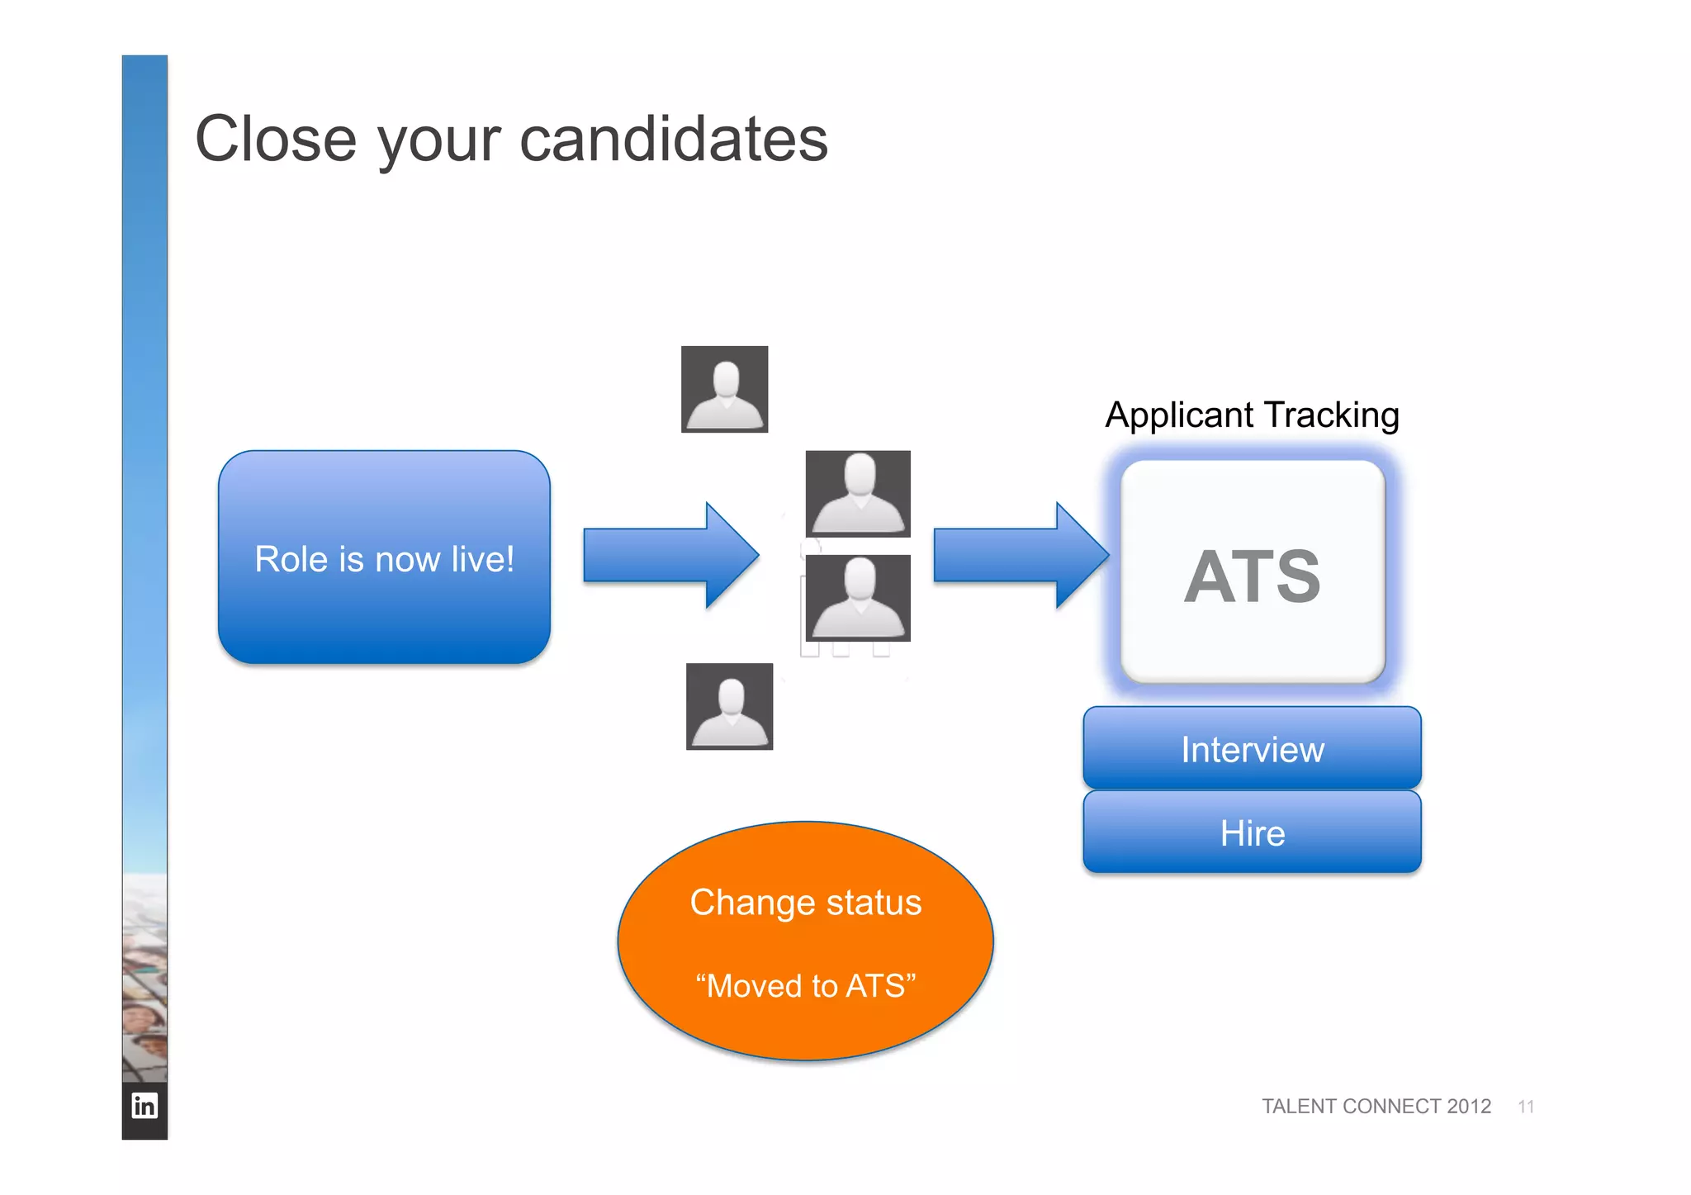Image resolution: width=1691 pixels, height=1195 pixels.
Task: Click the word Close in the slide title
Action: (x=276, y=139)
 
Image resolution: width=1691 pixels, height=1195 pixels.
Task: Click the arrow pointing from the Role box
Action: (x=670, y=555)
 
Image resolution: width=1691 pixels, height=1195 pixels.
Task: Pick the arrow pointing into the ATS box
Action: (x=1020, y=555)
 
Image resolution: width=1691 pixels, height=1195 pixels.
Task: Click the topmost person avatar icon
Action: (x=724, y=389)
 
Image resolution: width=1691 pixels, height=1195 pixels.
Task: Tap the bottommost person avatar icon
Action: (x=729, y=706)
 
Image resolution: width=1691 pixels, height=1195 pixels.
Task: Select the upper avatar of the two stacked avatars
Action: (x=858, y=494)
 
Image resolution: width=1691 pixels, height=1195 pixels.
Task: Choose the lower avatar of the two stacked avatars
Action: (x=858, y=598)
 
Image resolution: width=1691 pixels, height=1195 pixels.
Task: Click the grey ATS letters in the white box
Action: (x=1252, y=576)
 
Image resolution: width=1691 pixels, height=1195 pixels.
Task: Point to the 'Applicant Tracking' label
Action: (x=1252, y=415)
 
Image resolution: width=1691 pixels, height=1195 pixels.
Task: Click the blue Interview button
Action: (x=1252, y=748)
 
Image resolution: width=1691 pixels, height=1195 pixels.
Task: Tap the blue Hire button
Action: (x=1252, y=832)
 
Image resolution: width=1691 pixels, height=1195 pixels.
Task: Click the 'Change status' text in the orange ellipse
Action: (x=805, y=903)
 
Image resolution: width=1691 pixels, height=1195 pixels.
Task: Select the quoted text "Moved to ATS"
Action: (x=805, y=986)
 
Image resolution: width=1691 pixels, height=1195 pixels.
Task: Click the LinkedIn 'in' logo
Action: (x=144, y=1105)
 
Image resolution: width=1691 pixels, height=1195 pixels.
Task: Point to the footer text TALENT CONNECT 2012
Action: (x=1376, y=1106)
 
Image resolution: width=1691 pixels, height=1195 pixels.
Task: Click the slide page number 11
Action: (x=1526, y=1107)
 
